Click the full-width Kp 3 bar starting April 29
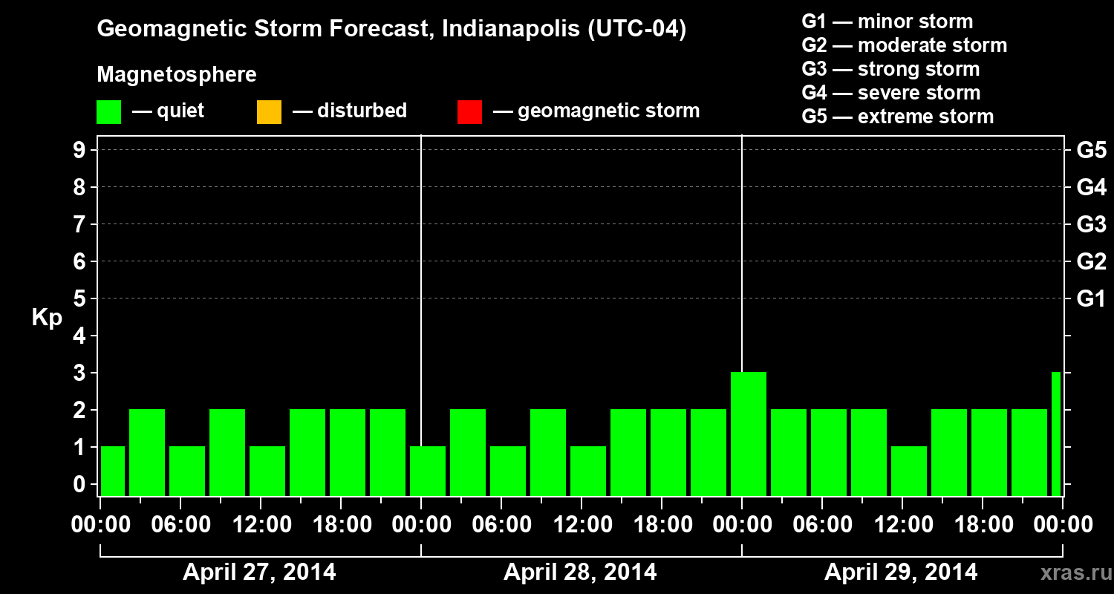pyautogui.click(x=749, y=434)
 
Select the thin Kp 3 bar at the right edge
pyautogui.click(x=1056, y=434)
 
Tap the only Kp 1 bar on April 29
pyautogui.click(x=909, y=471)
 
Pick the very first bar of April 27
pyautogui.click(x=113, y=471)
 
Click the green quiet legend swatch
pyautogui.click(x=108, y=112)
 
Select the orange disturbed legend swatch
pyautogui.click(x=269, y=112)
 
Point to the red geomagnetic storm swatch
pyautogui.click(x=469, y=112)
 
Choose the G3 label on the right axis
pyautogui.click(x=1091, y=225)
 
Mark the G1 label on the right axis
pyautogui.click(x=1091, y=299)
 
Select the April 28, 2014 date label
pyautogui.click(x=580, y=572)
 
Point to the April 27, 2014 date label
pyautogui.click(x=259, y=572)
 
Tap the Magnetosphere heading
pyautogui.click(x=177, y=75)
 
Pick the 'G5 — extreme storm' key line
pyautogui.click(x=897, y=117)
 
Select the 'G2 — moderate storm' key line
pyautogui.click(x=904, y=45)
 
